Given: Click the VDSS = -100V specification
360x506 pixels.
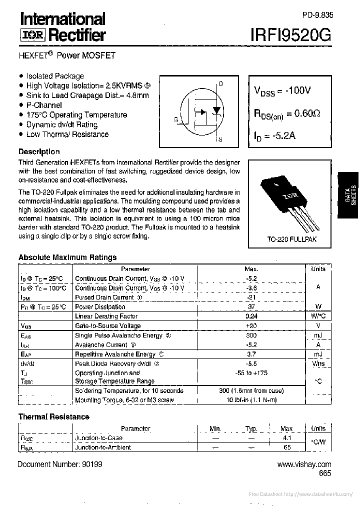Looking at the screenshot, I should click(282, 91).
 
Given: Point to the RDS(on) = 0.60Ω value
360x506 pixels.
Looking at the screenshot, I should click(287, 114).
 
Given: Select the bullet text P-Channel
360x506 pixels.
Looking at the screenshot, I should click(44, 105).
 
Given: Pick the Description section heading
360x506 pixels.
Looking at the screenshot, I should click(39, 151).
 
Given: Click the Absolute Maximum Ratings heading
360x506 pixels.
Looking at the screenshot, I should click(67, 257).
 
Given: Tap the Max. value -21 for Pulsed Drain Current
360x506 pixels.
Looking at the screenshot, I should click(251, 297).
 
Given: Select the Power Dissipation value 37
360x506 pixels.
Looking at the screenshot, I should click(251, 306).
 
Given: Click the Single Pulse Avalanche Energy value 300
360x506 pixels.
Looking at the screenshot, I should click(251, 335).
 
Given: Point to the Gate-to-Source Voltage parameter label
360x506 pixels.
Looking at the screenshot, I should click(108, 326).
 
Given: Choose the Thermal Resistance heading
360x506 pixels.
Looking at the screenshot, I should click(54, 416).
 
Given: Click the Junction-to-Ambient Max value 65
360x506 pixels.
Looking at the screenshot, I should click(287, 447).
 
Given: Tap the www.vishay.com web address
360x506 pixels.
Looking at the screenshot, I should click(304, 464).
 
